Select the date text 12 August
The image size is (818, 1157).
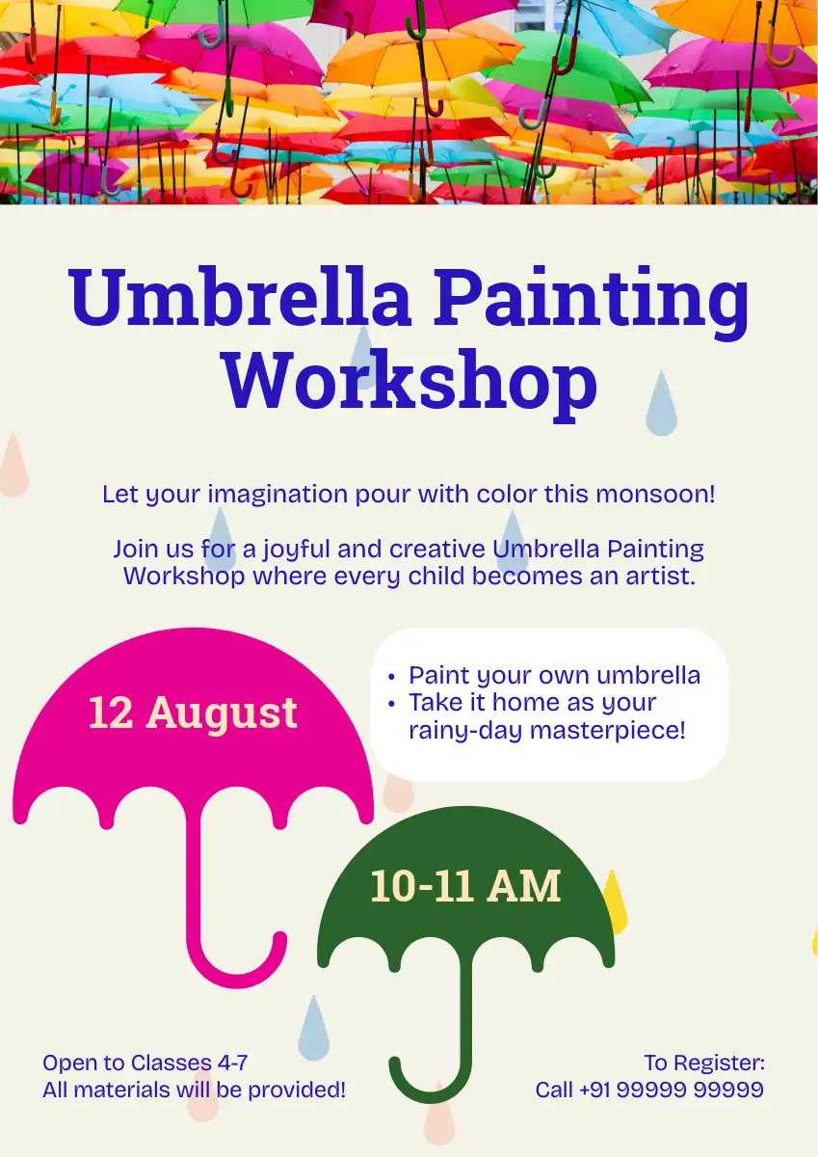point(193,713)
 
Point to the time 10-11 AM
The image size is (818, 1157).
point(465,886)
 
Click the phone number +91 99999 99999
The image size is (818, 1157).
point(672,1090)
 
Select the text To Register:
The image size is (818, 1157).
point(704,1063)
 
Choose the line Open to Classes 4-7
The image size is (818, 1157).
point(145,1063)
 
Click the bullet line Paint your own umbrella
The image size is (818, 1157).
point(554,675)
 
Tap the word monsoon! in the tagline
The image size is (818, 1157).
point(655,494)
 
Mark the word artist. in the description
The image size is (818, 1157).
point(661,576)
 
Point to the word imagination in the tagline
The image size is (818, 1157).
point(277,495)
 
